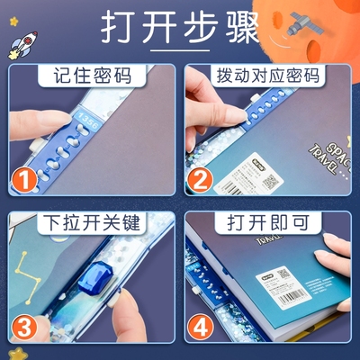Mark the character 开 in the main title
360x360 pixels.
(166, 28)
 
